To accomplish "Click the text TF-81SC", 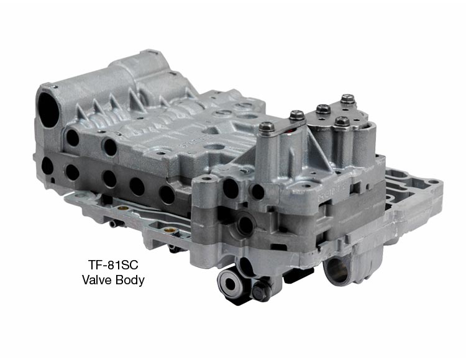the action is [x=113, y=264].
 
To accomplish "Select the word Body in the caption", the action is [x=130, y=281].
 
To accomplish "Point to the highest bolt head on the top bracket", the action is [x=348, y=98].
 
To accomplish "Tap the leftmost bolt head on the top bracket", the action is [x=267, y=127].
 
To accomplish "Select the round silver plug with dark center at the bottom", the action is [x=231, y=284].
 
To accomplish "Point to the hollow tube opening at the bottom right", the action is [x=337, y=271].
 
